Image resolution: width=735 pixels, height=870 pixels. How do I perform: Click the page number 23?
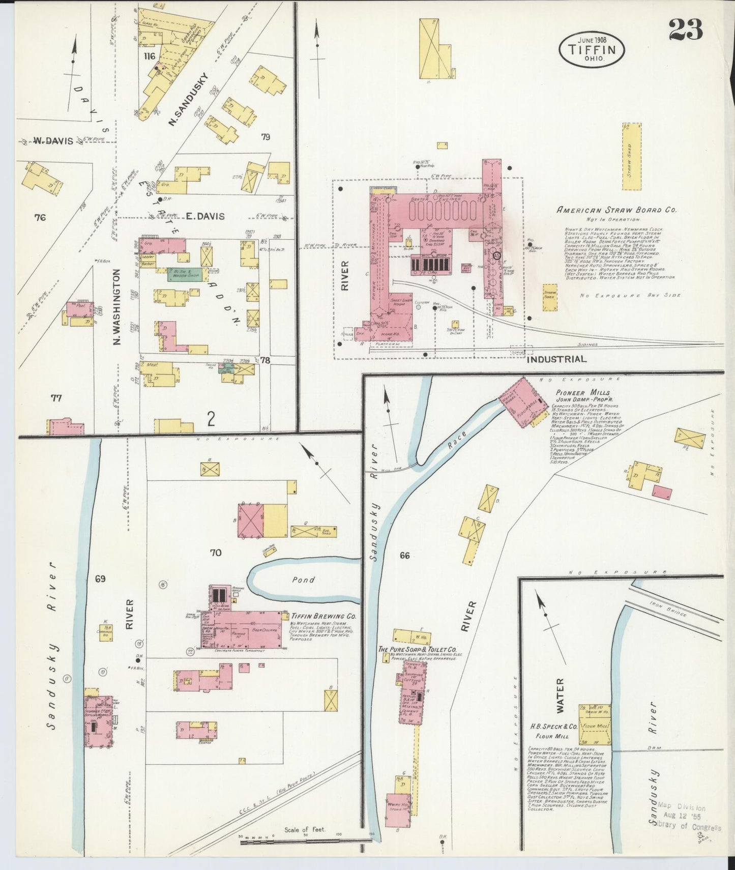click(685, 29)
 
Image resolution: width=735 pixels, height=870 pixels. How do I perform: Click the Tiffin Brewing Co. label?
click(323, 616)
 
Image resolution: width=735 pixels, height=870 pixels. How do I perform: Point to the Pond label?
click(304, 579)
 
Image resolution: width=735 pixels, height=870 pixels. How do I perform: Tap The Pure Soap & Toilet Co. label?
click(416, 650)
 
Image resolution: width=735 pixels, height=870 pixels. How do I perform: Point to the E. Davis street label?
click(205, 216)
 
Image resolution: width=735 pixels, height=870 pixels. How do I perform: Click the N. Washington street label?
click(116, 307)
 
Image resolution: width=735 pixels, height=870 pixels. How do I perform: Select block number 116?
click(150, 56)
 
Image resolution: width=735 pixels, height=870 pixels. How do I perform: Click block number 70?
click(216, 552)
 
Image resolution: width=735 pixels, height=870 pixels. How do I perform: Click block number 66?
click(404, 556)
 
